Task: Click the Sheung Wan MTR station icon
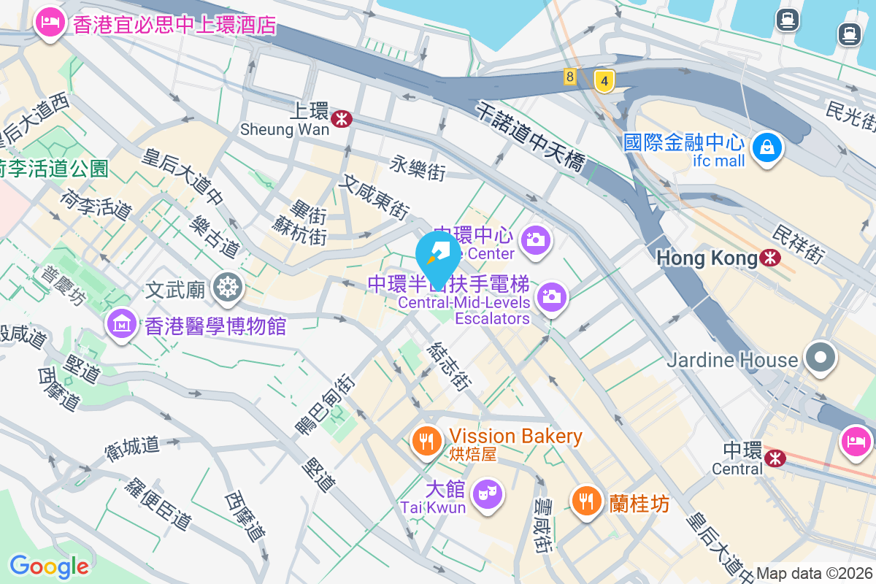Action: click(340, 118)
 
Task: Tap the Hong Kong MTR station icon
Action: click(769, 258)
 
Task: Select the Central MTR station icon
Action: click(775, 457)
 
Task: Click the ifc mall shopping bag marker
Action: click(767, 147)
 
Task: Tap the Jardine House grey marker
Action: click(821, 358)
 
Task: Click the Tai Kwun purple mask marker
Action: click(487, 493)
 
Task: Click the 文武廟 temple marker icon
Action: click(227, 289)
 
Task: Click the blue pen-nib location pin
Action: click(438, 255)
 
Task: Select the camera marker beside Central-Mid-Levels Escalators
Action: click(553, 296)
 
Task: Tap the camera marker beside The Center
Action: click(536, 239)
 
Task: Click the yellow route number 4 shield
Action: click(604, 80)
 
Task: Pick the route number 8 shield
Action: click(569, 77)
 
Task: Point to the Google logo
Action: click(49, 566)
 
